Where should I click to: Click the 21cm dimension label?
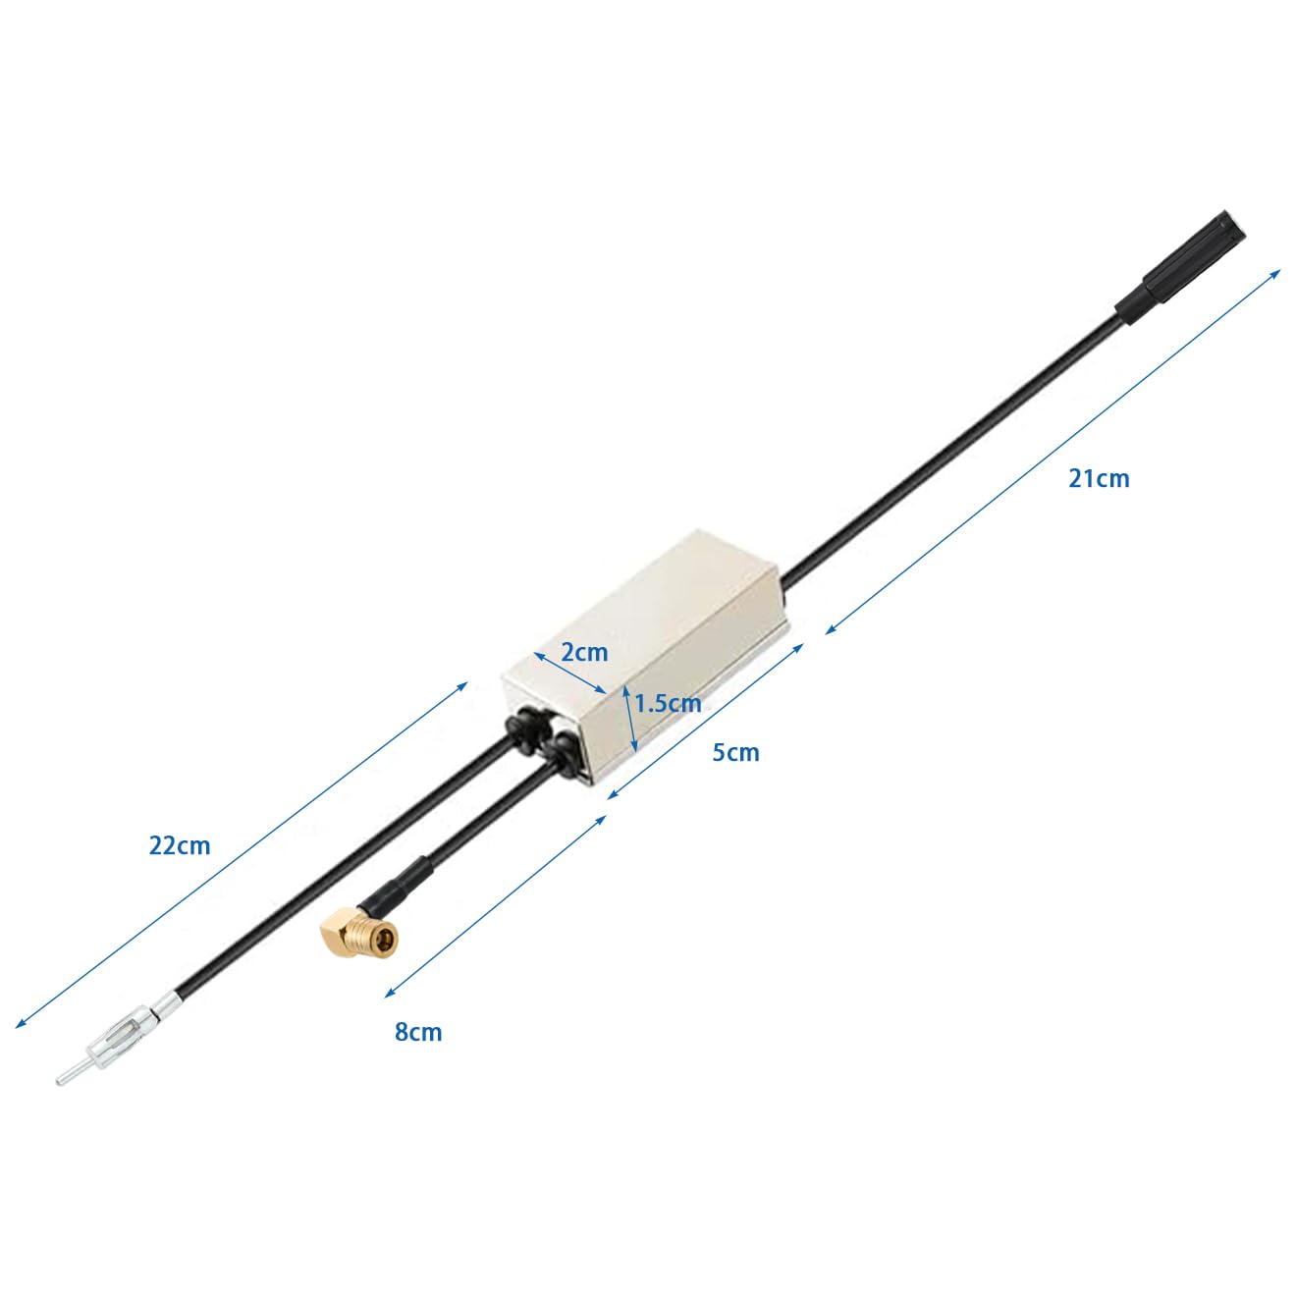click(1099, 479)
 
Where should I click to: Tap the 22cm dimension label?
click(180, 845)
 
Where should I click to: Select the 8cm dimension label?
click(418, 1032)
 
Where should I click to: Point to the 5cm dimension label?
click(735, 752)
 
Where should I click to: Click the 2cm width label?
click(584, 652)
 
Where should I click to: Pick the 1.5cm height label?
click(668, 704)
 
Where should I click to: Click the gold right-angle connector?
click(358, 933)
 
